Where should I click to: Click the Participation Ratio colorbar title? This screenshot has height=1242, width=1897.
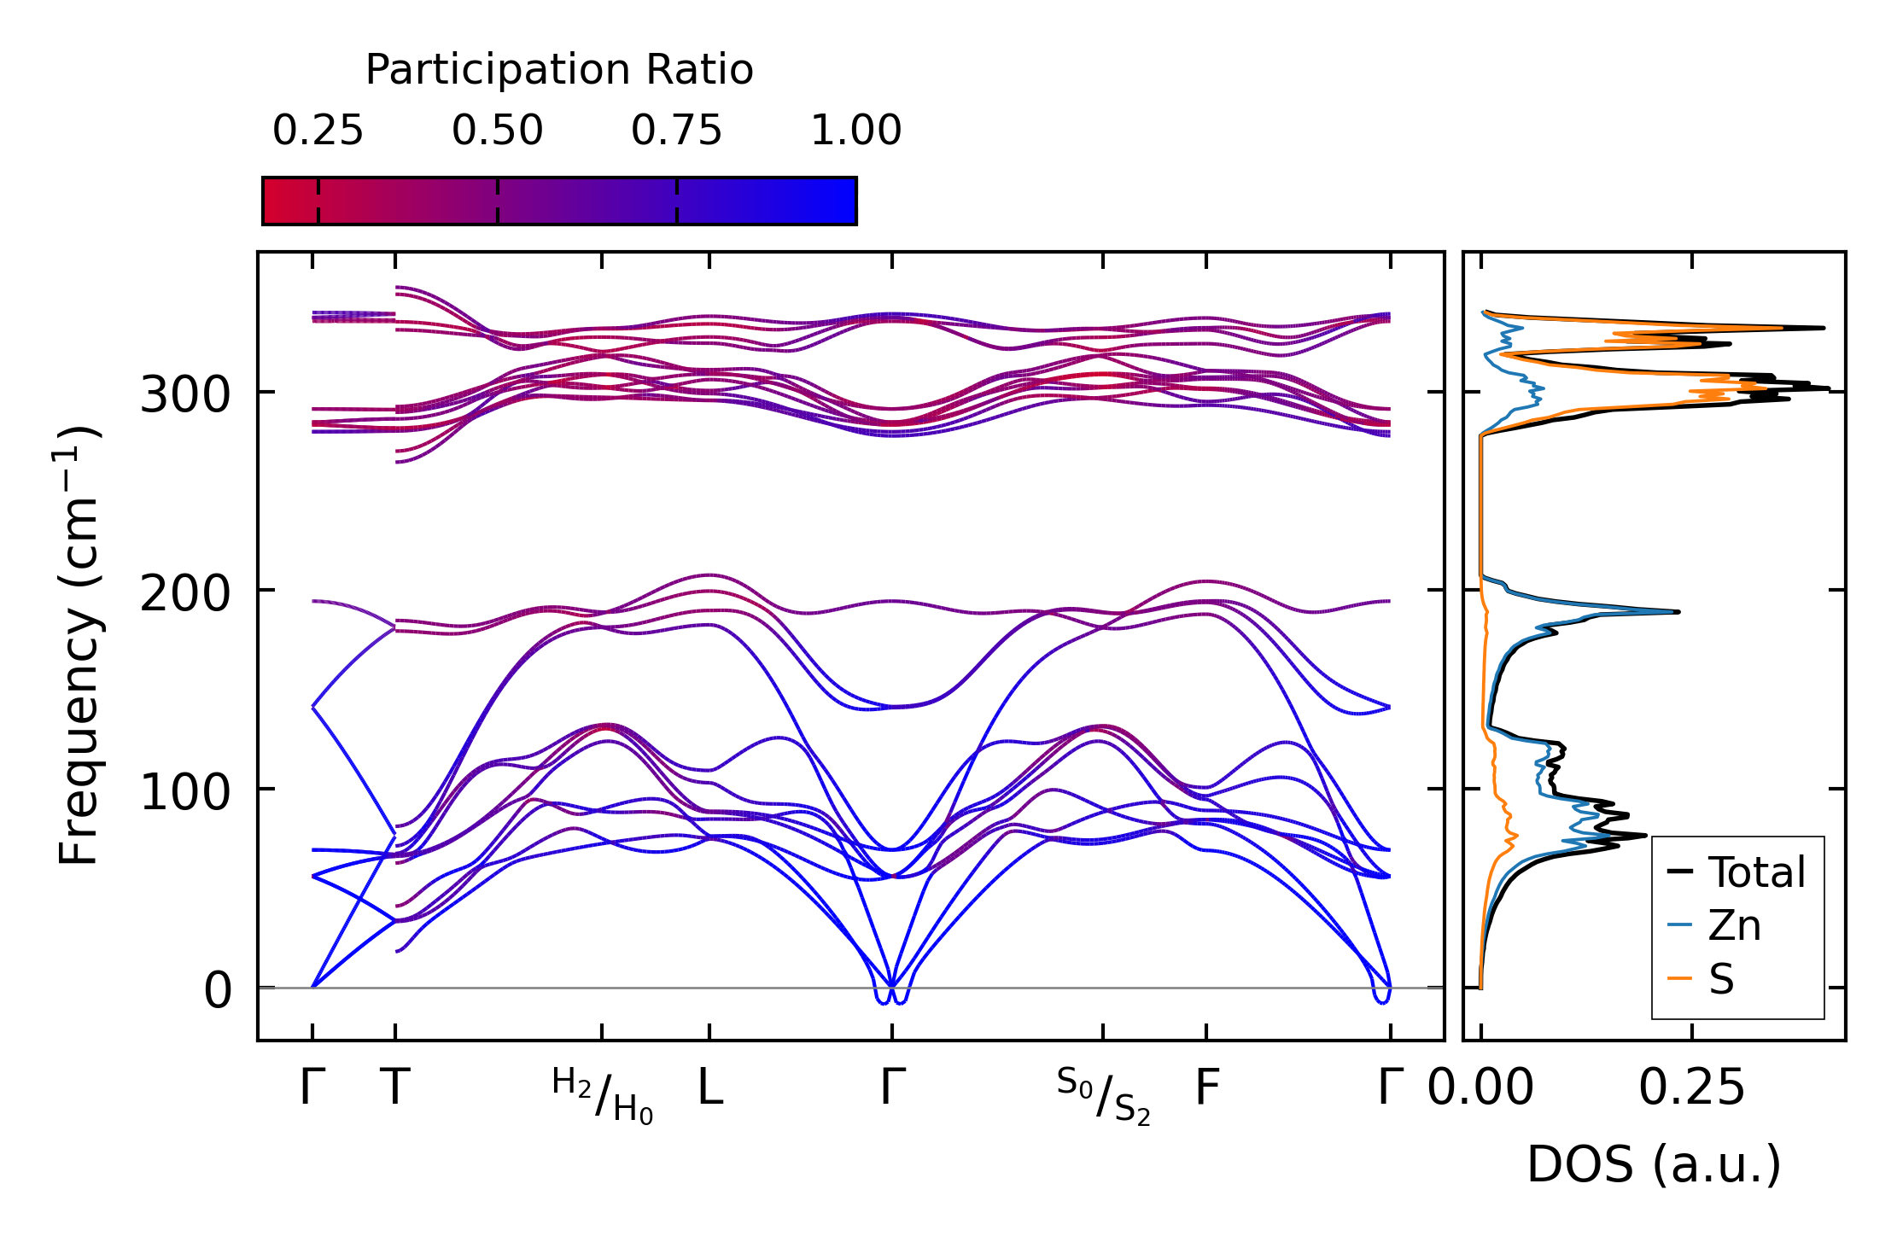click(559, 70)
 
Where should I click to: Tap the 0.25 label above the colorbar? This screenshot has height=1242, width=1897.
click(318, 131)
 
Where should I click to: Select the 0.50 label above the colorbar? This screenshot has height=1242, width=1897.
click(497, 131)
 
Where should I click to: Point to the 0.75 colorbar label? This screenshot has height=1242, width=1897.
click(676, 131)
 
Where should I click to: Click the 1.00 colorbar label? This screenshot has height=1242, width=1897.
click(855, 131)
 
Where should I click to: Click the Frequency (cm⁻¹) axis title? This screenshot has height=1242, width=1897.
click(79, 645)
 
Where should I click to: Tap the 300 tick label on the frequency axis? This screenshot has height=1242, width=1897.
click(185, 394)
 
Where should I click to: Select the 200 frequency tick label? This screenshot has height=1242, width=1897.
click(185, 593)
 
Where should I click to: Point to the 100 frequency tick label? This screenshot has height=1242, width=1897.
click(185, 792)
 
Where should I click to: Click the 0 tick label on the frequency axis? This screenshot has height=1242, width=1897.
click(217, 991)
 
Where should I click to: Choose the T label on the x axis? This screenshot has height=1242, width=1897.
click(394, 1088)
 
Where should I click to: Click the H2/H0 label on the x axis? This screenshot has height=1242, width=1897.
click(603, 1096)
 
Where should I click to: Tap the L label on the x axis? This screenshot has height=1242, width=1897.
click(710, 1088)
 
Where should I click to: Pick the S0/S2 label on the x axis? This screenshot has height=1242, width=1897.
click(1103, 1096)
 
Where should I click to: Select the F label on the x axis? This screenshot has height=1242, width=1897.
click(1206, 1088)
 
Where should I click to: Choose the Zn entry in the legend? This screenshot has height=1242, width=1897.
click(1734, 925)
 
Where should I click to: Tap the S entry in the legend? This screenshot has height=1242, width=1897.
click(1721, 979)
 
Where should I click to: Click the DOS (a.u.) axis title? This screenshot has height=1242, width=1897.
click(1654, 1165)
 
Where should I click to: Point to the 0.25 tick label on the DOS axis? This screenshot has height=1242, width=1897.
click(1691, 1088)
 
